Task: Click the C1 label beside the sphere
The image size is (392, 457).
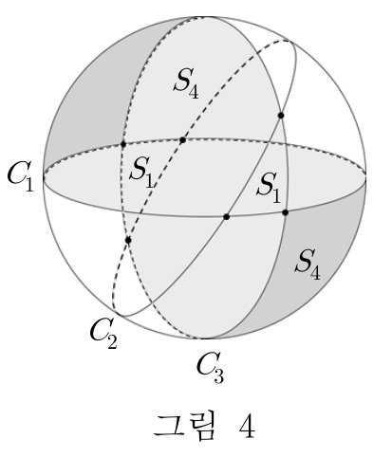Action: tap(21, 176)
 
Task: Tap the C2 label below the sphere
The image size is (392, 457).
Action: tap(103, 334)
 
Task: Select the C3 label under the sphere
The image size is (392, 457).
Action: tap(210, 368)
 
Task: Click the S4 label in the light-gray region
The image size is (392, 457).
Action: tap(187, 83)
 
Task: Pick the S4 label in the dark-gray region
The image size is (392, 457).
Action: tap(308, 265)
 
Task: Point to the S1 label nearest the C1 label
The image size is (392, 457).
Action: tap(141, 173)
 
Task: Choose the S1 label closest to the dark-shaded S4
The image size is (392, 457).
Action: tap(269, 188)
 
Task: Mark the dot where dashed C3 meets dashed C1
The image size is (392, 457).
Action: tap(123, 144)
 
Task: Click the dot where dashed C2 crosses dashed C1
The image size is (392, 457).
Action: tap(182, 140)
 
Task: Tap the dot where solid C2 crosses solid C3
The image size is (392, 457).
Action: tap(281, 116)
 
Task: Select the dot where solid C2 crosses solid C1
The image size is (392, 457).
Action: tap(226, 217)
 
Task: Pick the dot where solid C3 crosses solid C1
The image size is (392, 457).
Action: tap(285, 212)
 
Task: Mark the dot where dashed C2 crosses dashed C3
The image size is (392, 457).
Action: tap(128, 240)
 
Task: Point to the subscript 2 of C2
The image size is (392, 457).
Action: tap(112, 341)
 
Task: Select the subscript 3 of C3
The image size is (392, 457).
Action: tap(219, 376)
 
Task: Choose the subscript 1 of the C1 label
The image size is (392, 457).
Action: tap(29, 185)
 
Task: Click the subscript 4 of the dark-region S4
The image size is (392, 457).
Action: tap(315, 273)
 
